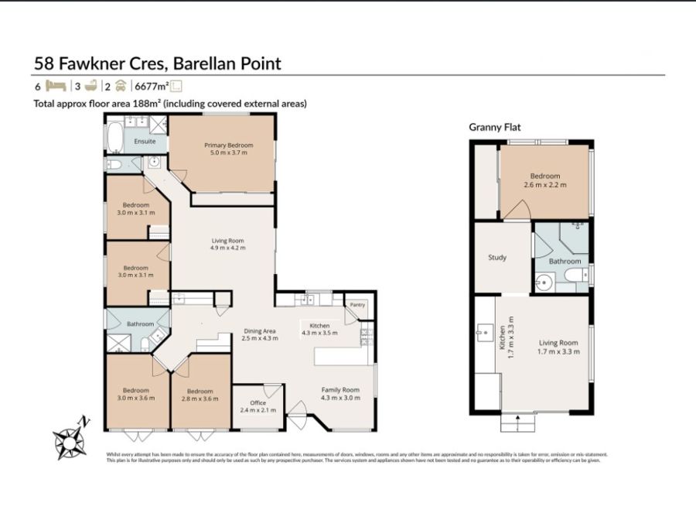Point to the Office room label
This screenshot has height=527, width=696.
[x=258, y=402]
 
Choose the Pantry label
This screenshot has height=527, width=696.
[x=357, y=305]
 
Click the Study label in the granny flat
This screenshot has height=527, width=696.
[x=497, y=258]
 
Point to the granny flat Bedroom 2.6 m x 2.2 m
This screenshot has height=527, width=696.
[x=545, y=180]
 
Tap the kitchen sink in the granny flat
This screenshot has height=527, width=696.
[x=487, y=332]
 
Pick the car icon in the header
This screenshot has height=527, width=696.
[x=120, y=87]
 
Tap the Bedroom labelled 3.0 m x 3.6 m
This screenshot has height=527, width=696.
[x=135, y=395]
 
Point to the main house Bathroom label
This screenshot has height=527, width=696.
[x=140, y=323]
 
